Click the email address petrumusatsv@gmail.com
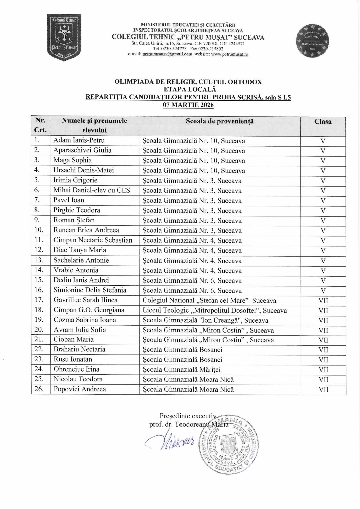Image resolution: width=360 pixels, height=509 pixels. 167,54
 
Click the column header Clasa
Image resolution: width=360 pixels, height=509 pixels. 323,121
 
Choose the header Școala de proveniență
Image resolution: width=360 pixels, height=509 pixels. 220,121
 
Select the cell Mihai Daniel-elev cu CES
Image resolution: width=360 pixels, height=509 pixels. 92,190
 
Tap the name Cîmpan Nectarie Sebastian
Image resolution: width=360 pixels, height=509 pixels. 93,240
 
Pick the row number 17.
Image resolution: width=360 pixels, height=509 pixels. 39,300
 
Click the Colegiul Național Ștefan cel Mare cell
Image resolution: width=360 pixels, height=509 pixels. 209,301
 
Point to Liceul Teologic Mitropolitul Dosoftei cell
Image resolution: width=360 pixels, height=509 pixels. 214,311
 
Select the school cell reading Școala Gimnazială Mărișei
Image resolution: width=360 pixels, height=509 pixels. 181,370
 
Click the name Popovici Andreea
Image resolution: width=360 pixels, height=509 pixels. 80,389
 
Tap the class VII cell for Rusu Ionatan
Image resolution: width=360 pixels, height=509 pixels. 323,360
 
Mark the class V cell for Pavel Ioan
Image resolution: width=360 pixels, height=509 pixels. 323,201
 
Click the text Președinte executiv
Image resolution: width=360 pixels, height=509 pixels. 188,416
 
